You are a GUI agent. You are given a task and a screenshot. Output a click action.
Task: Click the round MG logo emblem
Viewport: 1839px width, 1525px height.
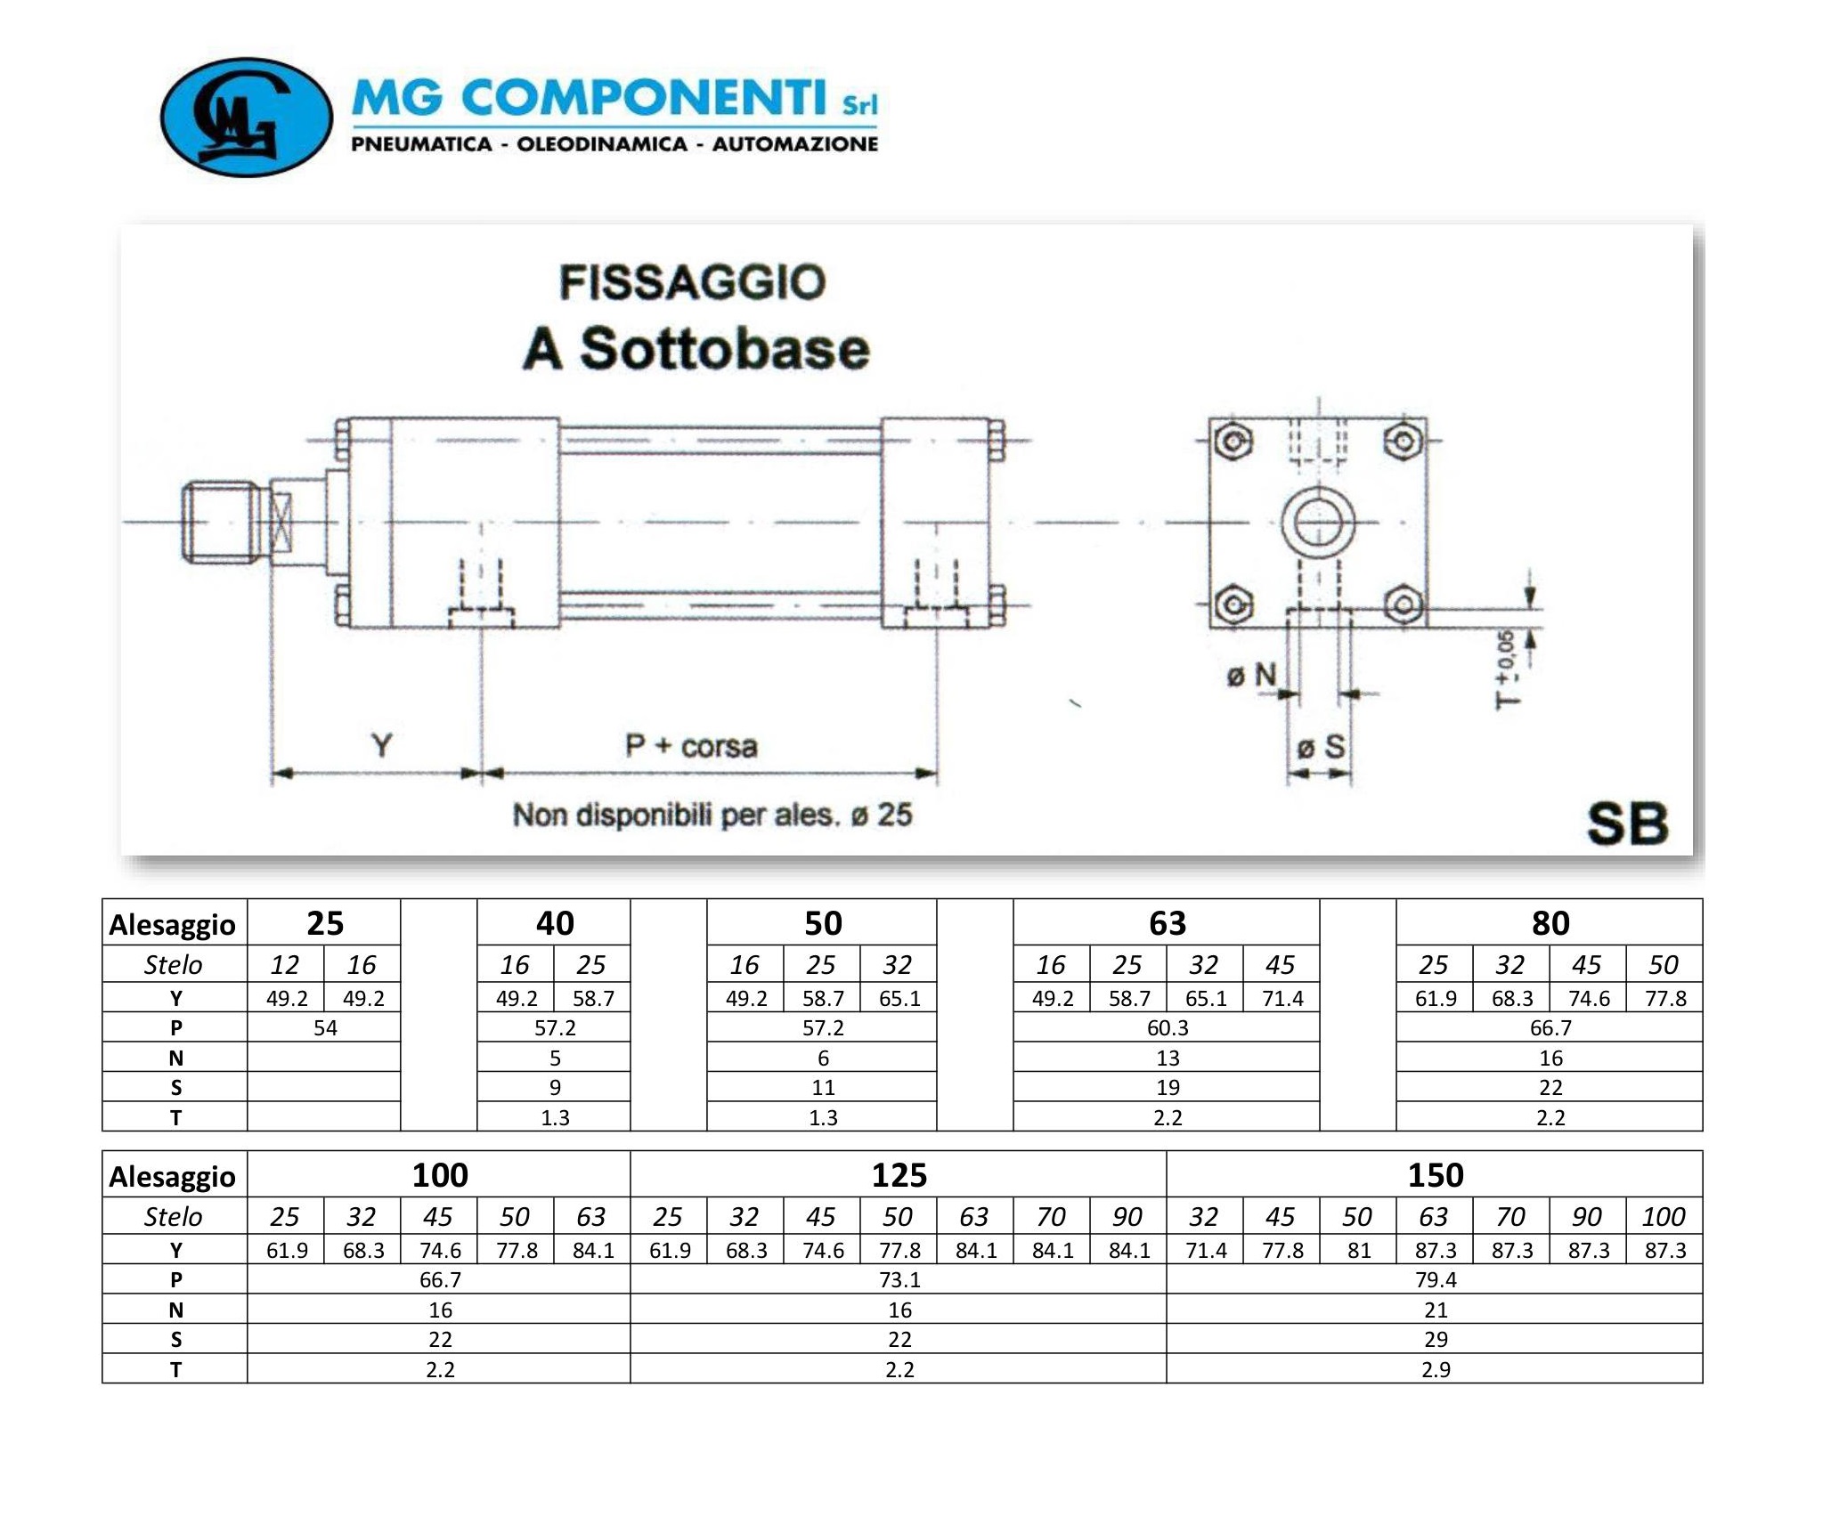click(246, 118)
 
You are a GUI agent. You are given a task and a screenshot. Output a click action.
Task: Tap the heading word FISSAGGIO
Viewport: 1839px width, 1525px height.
click(693, 282)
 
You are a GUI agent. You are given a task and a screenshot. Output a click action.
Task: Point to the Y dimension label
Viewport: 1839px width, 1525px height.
click(381, 744)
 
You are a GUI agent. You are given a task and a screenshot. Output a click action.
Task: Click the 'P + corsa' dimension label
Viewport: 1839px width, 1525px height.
click(691, 745)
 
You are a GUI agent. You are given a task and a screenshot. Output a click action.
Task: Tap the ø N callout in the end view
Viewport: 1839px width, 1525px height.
click(1251, 676)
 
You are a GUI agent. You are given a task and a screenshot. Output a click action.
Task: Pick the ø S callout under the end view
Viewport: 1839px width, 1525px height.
click(1321, 747)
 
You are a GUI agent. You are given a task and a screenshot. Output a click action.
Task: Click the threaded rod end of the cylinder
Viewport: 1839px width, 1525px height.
click(222, 523)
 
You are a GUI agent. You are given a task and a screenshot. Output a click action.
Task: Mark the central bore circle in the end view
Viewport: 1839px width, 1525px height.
click(1318, 523)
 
